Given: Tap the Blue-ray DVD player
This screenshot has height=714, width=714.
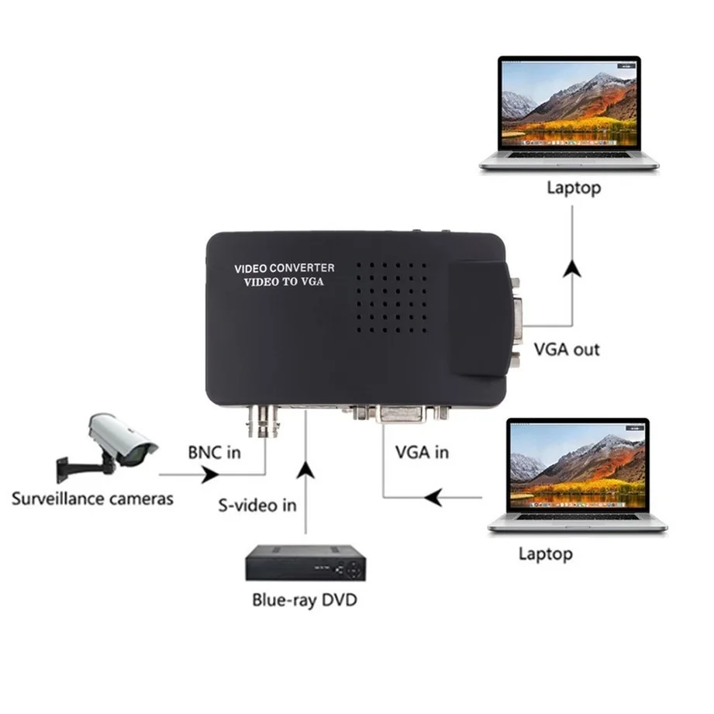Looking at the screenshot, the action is tap(305, 564).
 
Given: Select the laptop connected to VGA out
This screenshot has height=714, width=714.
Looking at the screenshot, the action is tap(569, 112).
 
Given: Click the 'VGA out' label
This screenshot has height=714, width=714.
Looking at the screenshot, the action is tap(567, 350).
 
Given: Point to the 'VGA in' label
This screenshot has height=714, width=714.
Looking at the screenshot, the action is tap(422, 451).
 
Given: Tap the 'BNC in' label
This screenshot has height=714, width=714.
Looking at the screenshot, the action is tap(214, 452).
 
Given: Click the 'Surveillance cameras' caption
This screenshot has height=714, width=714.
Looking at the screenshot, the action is tap(92, 498).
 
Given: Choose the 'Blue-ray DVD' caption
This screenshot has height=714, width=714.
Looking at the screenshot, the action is tap(305, 599).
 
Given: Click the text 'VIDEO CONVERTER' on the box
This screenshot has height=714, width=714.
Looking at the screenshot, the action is tap(285, 268).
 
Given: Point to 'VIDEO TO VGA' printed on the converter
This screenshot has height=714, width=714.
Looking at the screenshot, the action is tap(285, 282).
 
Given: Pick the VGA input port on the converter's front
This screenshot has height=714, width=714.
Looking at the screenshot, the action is tap(401, 416).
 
